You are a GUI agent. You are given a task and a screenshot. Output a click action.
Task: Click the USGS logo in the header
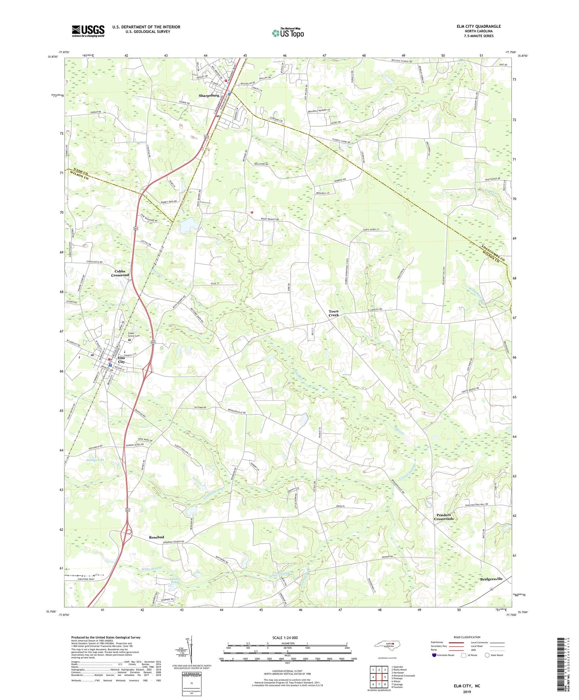[88, 31]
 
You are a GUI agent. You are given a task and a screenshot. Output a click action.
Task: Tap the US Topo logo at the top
[288, 33]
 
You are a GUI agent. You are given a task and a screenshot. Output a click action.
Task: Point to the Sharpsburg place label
[209, 95]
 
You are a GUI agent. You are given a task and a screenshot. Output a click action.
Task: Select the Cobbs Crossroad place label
[120, 273]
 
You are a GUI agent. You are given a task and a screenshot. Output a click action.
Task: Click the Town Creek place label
[334, 313]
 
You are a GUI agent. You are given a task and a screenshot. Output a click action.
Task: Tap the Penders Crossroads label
[444, 517]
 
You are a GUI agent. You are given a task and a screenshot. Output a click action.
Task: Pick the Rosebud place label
[157, 537]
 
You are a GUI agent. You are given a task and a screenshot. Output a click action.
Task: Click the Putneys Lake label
[95, 460]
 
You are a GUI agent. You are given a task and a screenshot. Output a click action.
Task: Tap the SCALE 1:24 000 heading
[287, 637]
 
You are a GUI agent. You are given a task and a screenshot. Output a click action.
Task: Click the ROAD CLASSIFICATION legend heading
[467, 637]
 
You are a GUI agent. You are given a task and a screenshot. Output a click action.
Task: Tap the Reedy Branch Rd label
[269, 219]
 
